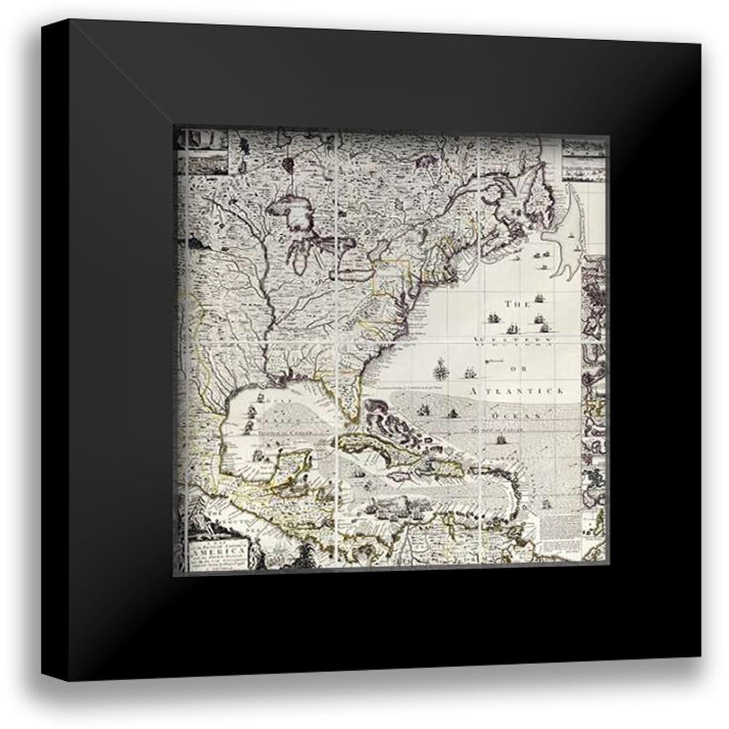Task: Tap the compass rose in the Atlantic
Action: pyautogui.click(x=441, y=372)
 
